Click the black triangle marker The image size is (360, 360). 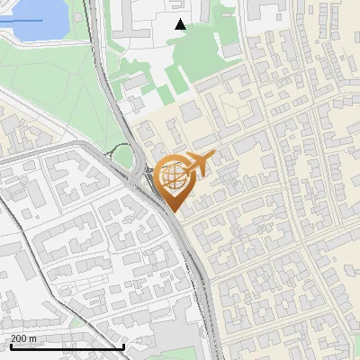coord(180,24)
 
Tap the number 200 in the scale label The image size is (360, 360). coord(19,338)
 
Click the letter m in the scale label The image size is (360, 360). coord(33,339)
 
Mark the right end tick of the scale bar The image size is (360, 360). coord(123,346)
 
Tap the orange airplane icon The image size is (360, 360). coord(195,165)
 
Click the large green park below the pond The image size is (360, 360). coord(45,90)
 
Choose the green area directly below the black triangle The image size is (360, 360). coord(193,54)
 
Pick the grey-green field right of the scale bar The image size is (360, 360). coord(180,346)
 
